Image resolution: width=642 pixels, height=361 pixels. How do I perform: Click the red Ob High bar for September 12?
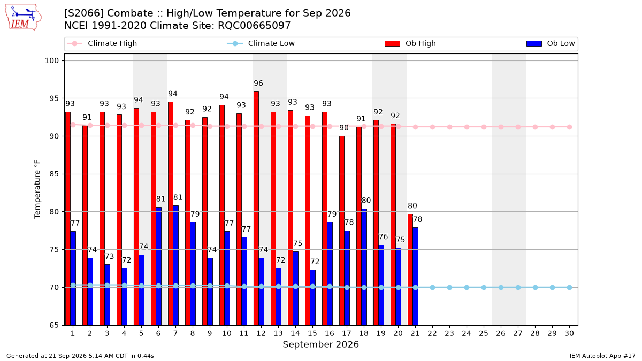pos(256,208)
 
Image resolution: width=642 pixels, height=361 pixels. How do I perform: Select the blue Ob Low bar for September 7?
pos(175,265)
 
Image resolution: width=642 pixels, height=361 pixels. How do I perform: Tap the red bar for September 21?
pos(410,270)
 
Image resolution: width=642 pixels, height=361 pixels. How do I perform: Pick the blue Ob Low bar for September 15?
pos(312,297)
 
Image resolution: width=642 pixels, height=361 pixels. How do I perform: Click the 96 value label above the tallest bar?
pos(258,83)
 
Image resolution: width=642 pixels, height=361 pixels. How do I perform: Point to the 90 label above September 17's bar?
pos(344,128)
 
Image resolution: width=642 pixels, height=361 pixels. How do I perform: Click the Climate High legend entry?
pos(102,43)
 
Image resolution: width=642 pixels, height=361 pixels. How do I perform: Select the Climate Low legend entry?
pos(261,43)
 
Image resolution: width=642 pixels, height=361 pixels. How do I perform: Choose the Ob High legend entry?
pos(410,43)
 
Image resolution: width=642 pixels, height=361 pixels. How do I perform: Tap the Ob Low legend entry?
pos(551,43)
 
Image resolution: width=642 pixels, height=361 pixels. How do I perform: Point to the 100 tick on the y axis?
pos(51,61)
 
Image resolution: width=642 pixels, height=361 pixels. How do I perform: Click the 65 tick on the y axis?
pos(54,325)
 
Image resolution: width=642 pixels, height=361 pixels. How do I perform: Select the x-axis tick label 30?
pos(569,333)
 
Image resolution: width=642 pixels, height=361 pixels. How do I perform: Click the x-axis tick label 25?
pos(484,333)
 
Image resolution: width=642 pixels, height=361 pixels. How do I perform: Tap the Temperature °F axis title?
pos(37,189)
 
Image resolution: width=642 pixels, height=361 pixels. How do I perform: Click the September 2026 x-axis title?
pos(320,344)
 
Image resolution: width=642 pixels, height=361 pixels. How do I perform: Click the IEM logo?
pos(23,18)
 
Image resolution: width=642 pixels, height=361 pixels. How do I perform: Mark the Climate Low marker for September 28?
pos(535,287)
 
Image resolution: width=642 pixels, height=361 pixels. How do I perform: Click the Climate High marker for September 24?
pos(467,127)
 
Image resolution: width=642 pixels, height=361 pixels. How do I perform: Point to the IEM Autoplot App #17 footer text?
pos(602,356)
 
